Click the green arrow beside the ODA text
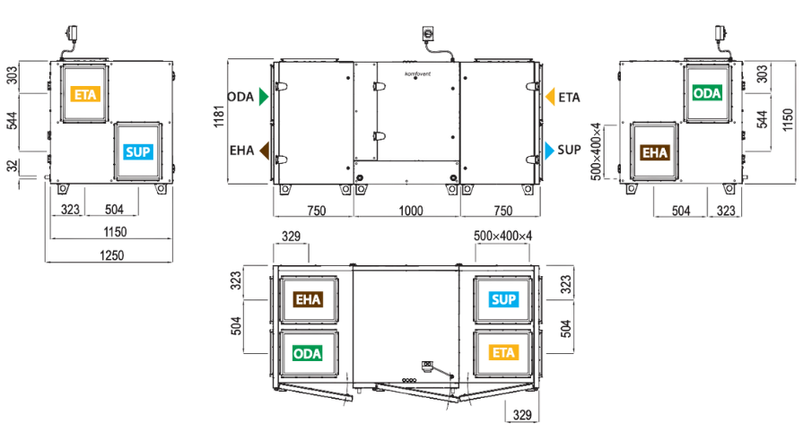click(x=264, y=97)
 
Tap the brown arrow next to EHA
click(x=265, y=151)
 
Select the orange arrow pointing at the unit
click(x=550, y=97)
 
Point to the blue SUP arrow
click(x=549, y=151)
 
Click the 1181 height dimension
click(x=219, y=116)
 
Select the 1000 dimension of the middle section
click(x=411, y=211)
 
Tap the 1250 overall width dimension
click(x=111, y=255)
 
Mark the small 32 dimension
click(x=12, y=166)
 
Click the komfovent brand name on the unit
click(x=418, y=74)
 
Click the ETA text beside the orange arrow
click(x=569, y=97)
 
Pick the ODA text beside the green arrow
click(x=240, y=97)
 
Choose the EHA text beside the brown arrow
click(x=241, y=151)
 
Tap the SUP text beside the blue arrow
click(x=569, y=150)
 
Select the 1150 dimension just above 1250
click(x=115, y=232)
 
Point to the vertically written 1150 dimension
click(x=788, y=120)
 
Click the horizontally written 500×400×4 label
click(x=503, y=236)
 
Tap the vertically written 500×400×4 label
click(x=596, y=151)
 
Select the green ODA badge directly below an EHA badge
click(x=307, y=354)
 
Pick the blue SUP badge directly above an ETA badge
click(x=503, y=299)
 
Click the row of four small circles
click(x=409, y=381)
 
